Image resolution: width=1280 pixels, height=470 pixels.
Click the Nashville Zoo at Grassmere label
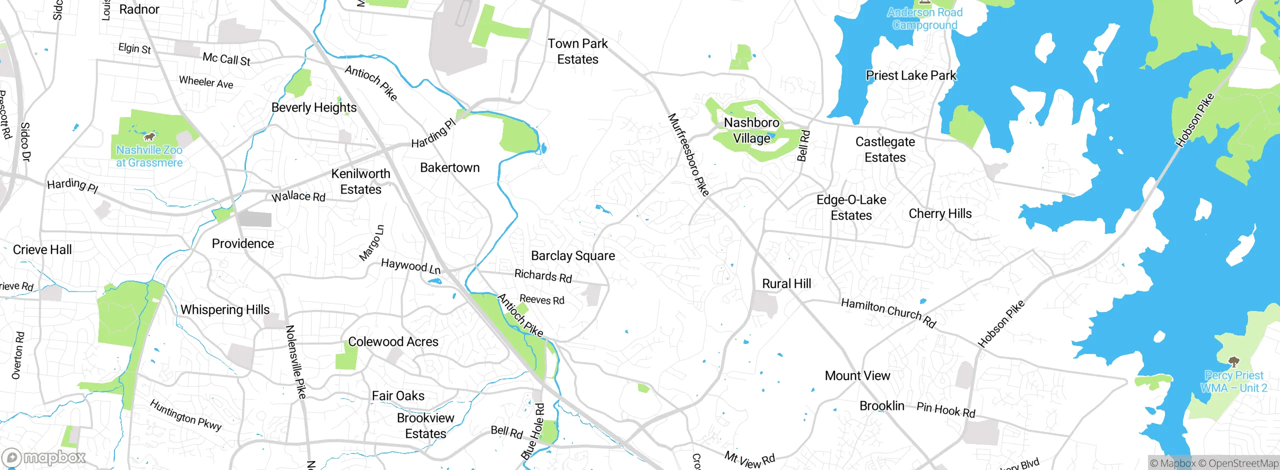pos(149,156)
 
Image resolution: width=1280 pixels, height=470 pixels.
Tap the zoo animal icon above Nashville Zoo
pos(149,136)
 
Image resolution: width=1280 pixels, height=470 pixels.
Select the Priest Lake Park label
pos(910,75)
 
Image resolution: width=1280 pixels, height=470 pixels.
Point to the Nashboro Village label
pos(751,130)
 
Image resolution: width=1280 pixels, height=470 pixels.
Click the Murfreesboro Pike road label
pos(688,154)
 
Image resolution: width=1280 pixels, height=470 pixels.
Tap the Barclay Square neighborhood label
pos(573,255)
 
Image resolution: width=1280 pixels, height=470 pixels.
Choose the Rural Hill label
pos(786,283)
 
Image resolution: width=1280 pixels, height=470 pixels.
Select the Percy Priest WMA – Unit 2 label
pos(1233,381)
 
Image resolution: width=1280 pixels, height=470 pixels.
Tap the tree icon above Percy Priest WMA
pos(1233,361)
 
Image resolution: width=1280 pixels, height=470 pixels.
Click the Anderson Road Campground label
pos(924,18)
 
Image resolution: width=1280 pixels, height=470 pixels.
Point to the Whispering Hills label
pos(225,309)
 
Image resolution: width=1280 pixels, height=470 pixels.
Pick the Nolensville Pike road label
pos(295,361)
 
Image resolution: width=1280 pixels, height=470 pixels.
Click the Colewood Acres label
pos(393,341)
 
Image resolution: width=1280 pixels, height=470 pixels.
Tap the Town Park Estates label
pos(577,51)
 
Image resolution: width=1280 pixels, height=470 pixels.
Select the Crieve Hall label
pos(42,249)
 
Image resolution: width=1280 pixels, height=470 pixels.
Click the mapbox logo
pos(44,457)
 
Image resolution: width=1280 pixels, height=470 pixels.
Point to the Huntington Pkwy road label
pos(185,415)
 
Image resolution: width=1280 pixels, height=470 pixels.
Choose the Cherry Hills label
pos(940,213)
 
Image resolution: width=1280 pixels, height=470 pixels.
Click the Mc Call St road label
pos(226,59)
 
